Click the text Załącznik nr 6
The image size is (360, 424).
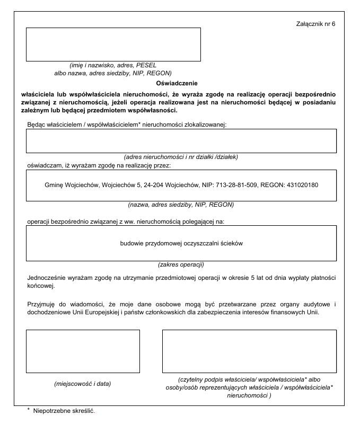click(316, 24)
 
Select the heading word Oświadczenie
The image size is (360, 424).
click(177, 83)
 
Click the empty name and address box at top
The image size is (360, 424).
click(113, 44)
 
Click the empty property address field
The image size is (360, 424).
click(181, 140)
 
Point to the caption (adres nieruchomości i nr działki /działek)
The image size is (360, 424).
click(181, 157)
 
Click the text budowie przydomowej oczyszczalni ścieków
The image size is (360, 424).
click(181, 243)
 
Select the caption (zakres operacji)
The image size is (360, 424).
click(181, 264)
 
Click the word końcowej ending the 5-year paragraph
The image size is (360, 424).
click(41, 286)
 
